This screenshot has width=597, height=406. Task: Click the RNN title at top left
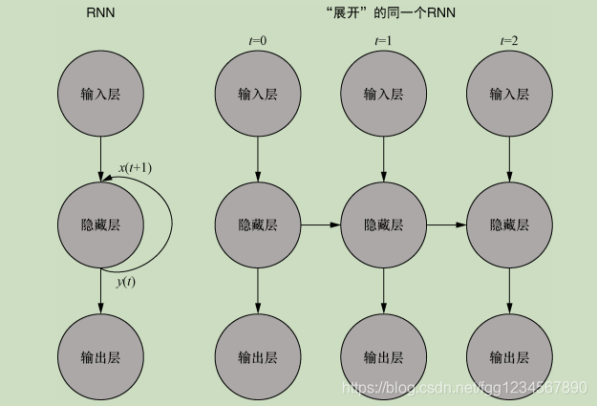pyautogui.click(x=100, y=14)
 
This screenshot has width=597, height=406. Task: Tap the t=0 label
pyautogui.click(x=257, y=40)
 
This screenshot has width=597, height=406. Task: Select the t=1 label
pyautogui.click(x=383, y=40)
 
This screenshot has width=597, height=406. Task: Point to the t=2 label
pyautogui.click(x=508, y=40)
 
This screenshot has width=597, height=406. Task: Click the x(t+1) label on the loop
pyautogui.click(x=135, y=168)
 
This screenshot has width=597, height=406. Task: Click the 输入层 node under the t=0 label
pyautogui.click(x=258, y=95)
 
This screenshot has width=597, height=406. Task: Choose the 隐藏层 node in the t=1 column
pyautogui.click(x=383, y=225)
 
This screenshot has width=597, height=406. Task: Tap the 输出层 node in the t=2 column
pyautogui.click(x=508, y=357)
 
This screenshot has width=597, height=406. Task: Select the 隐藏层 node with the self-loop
pyautogui.click(x=100, y=225)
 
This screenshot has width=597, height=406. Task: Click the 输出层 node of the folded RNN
pyautogui.click(x=100, y=357)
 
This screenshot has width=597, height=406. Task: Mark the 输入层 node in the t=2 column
pyautogui.click(x=508, y=95)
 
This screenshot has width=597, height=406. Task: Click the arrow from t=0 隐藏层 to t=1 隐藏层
pyautogui.click(x=320, y=225)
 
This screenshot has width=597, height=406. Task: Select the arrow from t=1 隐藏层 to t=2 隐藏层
pyautogui.click(x=446, y=225)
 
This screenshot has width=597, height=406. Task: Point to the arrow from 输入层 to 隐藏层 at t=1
pyautogui.click(x=383, y=158)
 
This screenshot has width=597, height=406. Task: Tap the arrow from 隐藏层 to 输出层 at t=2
pyautogui.click(x=508, y=291)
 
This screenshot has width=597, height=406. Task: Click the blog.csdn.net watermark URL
pyautogui.click(x=464, y=387)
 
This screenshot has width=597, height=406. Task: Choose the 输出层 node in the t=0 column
pyautogui.click(x=258, y=357)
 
